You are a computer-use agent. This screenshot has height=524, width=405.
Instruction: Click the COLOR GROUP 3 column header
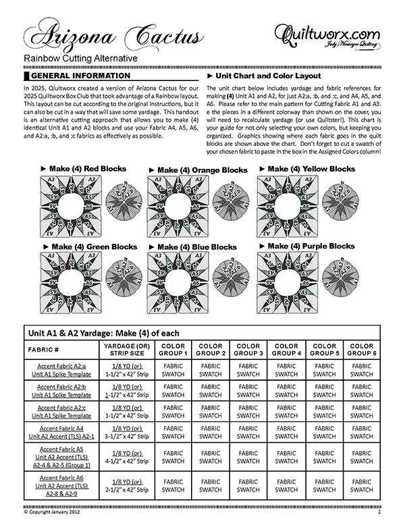pyautogui.click(x=248, y=350)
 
